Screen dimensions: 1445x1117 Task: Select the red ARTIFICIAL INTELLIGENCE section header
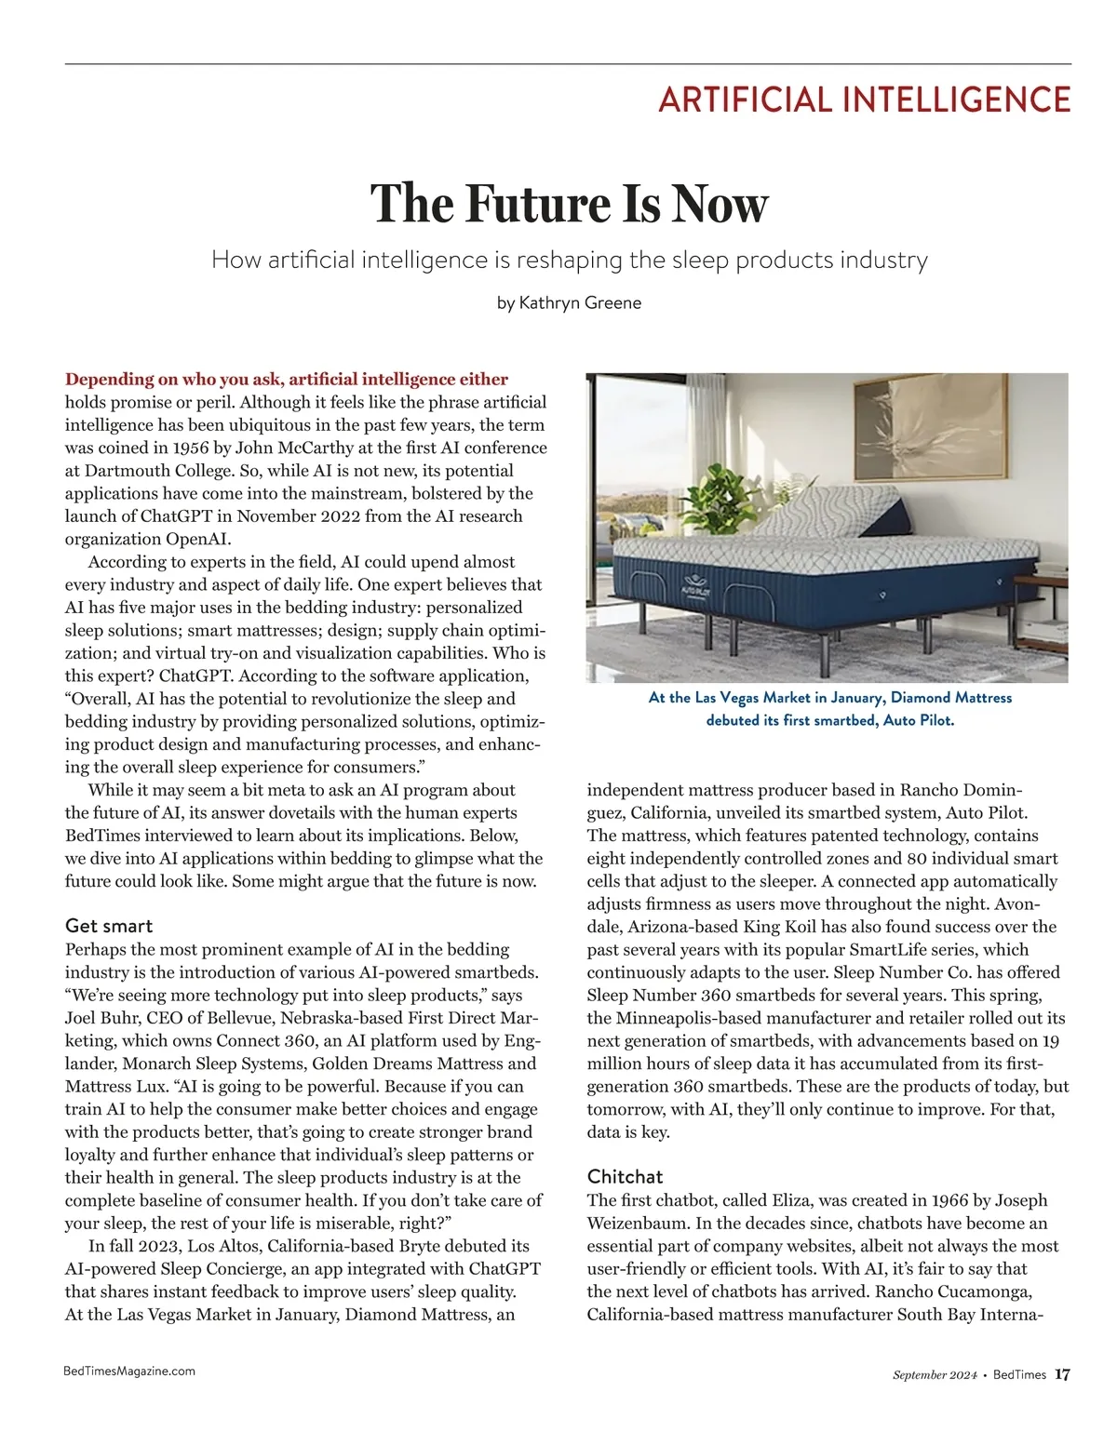[x=864, y=100]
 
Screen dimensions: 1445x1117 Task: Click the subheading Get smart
[x=109, y=926]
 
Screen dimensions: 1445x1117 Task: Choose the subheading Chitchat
[x=625, y=1176]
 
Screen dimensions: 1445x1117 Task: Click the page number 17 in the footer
[x=1062, y=1374]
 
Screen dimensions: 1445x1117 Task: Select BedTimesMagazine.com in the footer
[x=129, y=1371]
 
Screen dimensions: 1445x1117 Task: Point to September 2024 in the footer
[x=934, y=1375]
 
